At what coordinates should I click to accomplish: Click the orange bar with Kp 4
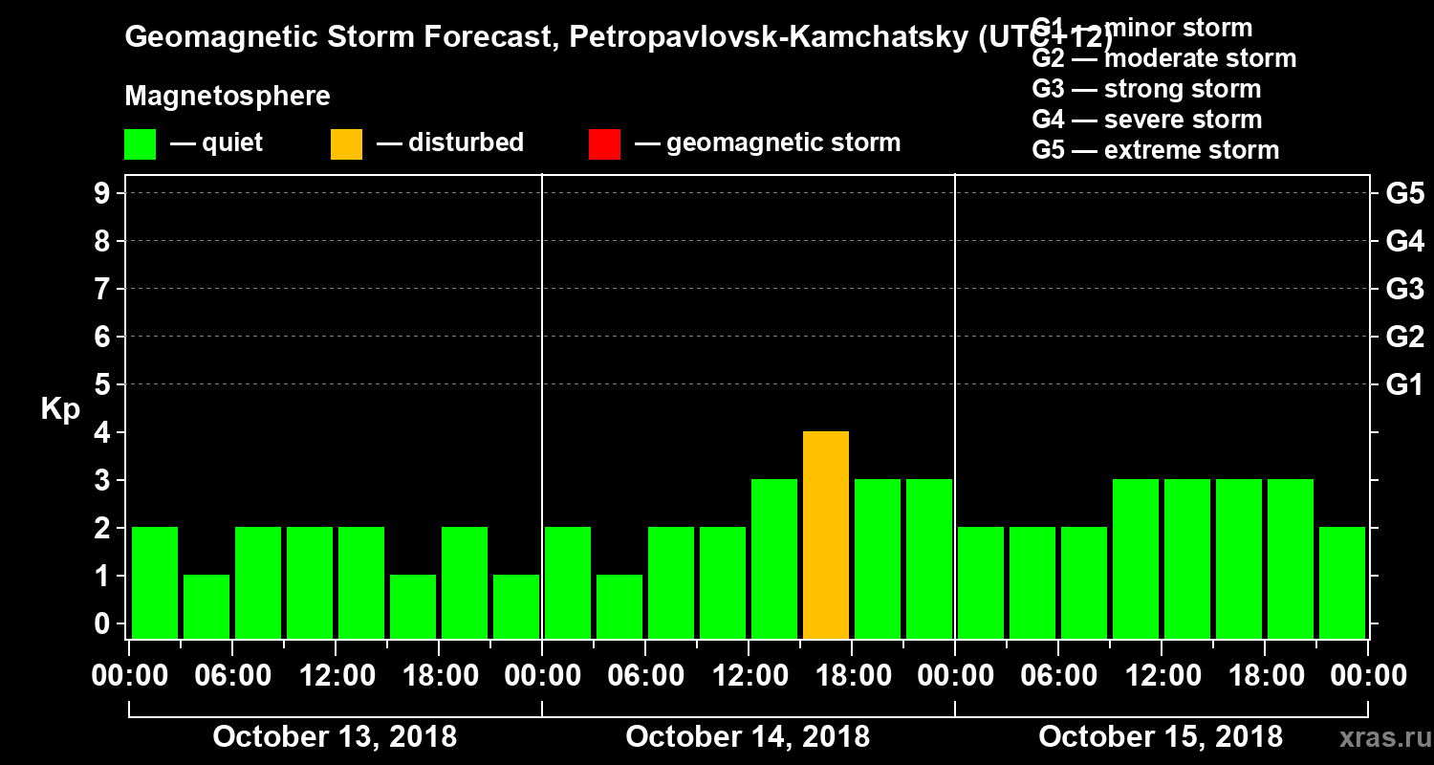(x=826, y=535)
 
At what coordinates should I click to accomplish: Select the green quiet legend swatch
(x=140, y=143)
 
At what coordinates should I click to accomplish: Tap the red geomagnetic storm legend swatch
(x=604, y=143)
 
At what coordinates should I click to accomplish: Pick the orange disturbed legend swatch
(x=346, y=143)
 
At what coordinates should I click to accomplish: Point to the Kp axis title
(x=60, y=409)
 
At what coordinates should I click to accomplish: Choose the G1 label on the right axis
(x=1404, y=385)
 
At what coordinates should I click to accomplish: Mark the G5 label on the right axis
(x=1404, y=194)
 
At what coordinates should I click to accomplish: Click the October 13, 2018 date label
(x=335, y=737)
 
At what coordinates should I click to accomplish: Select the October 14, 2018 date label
(x=748, y=737)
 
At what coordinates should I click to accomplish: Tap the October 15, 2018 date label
(x=1161, y=737)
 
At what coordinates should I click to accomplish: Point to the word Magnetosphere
(x=228, y=98)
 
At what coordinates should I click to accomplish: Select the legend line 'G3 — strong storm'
(x=1146, y=90)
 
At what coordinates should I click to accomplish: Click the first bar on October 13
(x=155, y=582)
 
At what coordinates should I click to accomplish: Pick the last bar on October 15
(x=1342, y=582)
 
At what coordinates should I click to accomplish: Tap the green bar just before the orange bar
(x=774, y=558)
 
